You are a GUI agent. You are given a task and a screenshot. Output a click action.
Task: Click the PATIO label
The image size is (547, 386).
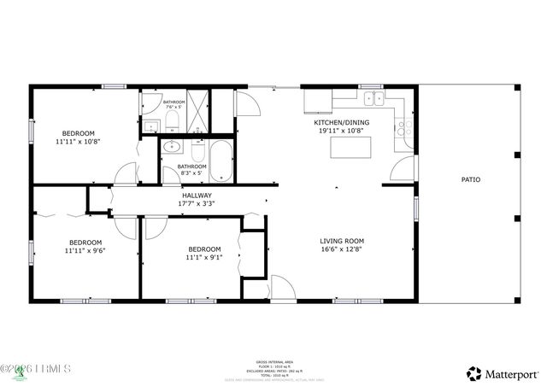[x=470, y=179]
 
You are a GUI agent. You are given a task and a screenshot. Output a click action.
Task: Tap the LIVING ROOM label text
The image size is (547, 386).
[x=342, y=241]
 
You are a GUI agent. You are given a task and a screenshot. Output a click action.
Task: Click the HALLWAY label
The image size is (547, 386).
[x=196, y=195]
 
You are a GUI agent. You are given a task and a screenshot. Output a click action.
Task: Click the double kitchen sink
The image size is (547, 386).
[x=373, y=99]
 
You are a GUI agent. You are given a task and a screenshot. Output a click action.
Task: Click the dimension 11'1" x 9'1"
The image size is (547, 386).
[x=204, y=257]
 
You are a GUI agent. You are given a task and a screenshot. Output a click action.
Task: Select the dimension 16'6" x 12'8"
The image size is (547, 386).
[x=342, y=249]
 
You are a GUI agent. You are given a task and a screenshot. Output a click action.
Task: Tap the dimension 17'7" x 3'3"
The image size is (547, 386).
[x=196, y=203]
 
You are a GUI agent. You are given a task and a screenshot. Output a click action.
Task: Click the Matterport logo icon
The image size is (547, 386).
[x=473, y=373]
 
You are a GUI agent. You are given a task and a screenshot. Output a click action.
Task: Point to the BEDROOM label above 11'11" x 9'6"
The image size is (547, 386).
[x=85, y=241]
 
